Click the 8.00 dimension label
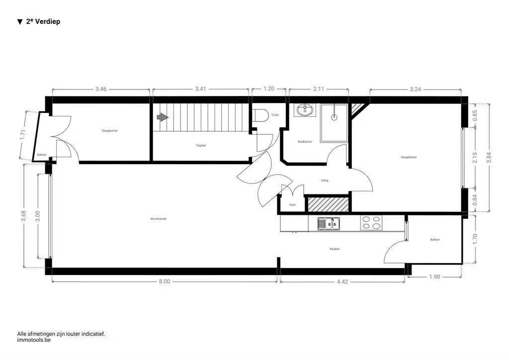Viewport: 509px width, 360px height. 165,281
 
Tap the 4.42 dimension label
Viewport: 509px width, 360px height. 342,281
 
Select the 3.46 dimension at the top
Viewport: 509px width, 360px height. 101,89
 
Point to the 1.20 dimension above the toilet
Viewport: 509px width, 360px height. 269,89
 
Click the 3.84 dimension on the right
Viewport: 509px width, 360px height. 494,157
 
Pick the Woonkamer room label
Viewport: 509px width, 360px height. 159,219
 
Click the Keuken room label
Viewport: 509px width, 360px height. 335,249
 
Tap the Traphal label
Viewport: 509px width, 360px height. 200,146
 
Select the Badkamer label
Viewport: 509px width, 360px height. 305,142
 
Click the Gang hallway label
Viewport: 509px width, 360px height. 324,180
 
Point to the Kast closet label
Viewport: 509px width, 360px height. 293,205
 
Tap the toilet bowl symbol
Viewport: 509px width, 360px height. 259,115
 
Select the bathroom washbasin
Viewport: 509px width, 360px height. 304,110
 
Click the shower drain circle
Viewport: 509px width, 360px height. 334,118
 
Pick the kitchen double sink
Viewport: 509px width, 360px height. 329,224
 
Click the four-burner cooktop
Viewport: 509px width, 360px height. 371,223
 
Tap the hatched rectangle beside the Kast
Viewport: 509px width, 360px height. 328,204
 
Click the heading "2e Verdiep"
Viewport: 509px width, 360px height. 39,22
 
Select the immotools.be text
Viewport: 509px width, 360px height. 34,341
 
